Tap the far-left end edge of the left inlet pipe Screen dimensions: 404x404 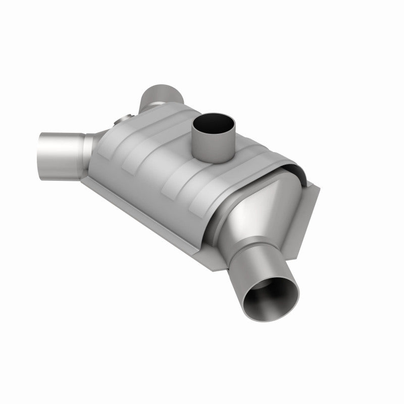click(x=40, y=151)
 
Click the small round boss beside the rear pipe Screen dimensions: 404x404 click(x=123, y=120)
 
